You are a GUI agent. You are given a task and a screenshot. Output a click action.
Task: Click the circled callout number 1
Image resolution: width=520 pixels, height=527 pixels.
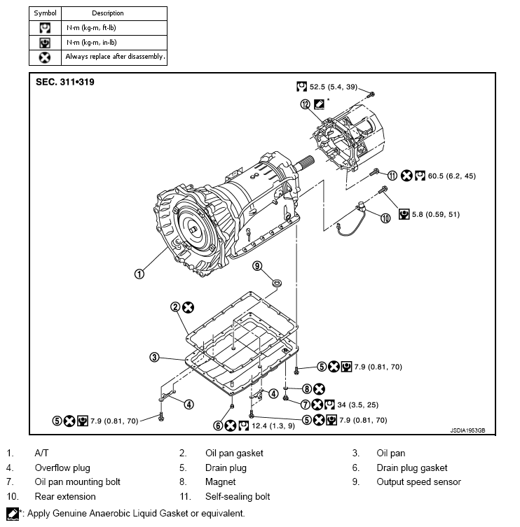tap(139, 274)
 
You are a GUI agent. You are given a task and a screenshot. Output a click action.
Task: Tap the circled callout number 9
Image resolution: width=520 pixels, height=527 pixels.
tap(257, 265)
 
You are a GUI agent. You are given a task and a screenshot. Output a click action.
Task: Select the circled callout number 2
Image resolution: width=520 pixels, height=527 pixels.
tap(175, 307)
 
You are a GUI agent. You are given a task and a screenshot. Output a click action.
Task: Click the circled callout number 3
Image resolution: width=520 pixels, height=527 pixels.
tap(153, 357)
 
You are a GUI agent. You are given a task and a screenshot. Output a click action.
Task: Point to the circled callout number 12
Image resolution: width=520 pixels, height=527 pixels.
tap(305, 104)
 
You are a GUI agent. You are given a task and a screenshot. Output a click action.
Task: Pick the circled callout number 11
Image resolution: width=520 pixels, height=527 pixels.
tap(392, 176)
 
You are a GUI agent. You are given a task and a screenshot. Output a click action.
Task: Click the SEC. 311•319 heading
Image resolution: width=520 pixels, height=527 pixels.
tap(65, 82)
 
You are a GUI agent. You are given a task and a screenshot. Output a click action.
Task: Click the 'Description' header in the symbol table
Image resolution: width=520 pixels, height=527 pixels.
tap(107, 13)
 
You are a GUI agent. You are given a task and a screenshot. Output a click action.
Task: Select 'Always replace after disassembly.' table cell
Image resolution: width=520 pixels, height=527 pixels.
tap(115, 57)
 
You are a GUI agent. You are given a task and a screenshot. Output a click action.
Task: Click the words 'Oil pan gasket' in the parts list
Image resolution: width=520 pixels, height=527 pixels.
tap(234, 453)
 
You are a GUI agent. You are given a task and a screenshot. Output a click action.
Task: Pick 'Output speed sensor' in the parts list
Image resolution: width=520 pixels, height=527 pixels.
tap(418, 482)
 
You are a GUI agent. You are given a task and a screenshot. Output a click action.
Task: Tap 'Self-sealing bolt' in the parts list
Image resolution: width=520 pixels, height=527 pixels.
tap(238, 497)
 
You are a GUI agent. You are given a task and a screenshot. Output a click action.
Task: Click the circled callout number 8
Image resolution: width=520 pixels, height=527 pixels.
tap(306, 388)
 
